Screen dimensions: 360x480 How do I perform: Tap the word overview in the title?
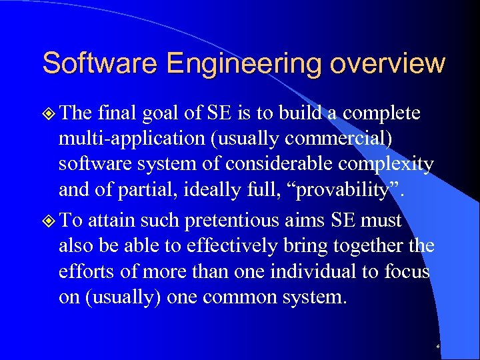click(x=387, y=63)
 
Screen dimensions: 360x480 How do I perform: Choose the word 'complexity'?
click(x=389, y=165)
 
